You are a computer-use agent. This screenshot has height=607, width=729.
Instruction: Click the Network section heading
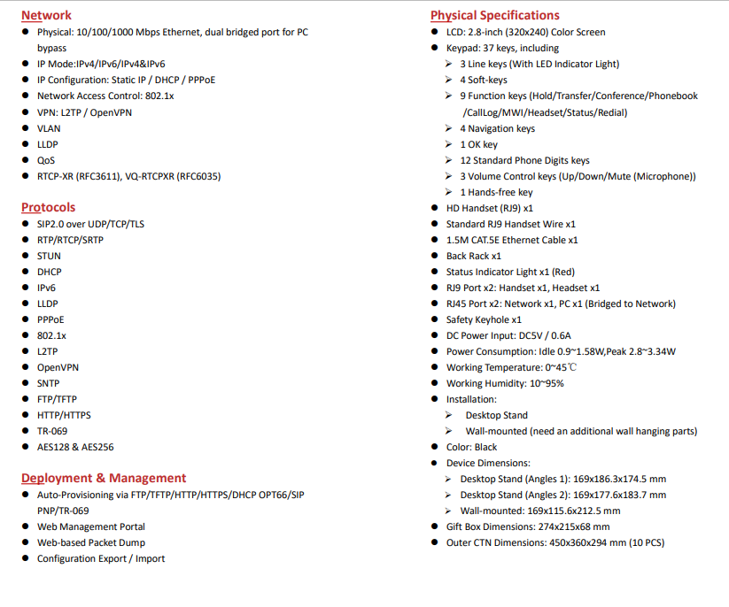coord(46,15)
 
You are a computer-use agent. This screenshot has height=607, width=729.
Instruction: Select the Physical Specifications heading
coord(494,15)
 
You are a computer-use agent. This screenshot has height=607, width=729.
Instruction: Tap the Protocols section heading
coord(48,207)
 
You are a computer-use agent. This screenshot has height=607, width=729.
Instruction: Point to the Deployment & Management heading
coord(104,478)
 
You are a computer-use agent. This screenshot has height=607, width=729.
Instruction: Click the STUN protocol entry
coord(49,256)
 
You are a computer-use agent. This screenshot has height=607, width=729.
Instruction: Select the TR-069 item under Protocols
coord(53,431)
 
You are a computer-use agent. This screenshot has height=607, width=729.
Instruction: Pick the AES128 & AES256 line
coord(75,447)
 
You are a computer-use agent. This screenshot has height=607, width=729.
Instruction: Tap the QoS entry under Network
coord(46,160)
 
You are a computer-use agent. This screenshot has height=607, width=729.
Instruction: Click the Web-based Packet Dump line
coord(90,542)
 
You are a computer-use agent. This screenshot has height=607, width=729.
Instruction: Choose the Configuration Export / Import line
coord(101,558)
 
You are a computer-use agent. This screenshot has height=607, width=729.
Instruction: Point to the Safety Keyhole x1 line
coord(484,319)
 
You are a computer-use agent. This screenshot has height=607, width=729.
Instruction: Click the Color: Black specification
coord(471,447)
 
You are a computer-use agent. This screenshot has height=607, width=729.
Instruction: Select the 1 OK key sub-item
coord(478,144)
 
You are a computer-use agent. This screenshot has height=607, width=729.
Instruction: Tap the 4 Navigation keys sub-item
coord(497,128)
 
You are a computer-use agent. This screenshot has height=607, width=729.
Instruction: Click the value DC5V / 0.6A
coord(545,335)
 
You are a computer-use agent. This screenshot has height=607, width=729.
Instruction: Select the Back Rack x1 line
coord(474,256)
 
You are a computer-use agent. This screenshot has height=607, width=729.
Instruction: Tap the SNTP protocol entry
coord(49,383)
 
